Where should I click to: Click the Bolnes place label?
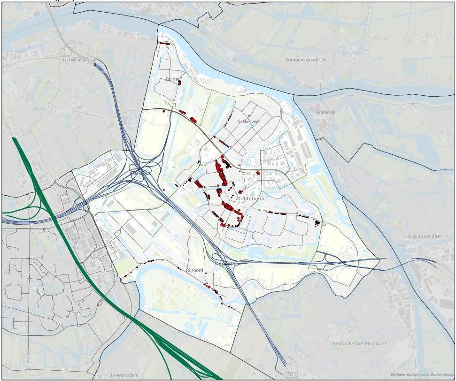click(x=173, y=79)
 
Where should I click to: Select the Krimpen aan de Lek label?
click(x=305, y=60)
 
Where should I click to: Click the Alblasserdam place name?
click(x=425, y=236)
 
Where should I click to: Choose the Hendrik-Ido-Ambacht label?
click(x=359, y=343)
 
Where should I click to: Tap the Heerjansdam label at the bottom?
click(x=124, y=375)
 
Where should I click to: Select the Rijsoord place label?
click(x=194, y=271)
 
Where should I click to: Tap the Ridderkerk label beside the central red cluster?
click(x=251, y=199)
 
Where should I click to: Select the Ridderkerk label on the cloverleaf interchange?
click(x=140, y=173)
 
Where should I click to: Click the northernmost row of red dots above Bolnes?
click(x=164, y=43)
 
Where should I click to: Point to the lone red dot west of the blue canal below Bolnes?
click(x=164, y=111)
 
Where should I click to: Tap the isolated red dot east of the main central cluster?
click(x=258, y=173)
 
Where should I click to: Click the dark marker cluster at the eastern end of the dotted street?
click(x=317, y=222)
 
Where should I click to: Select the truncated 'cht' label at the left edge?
click(x=5, y=272)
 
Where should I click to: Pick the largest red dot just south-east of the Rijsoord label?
click(x=206, y=285)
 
